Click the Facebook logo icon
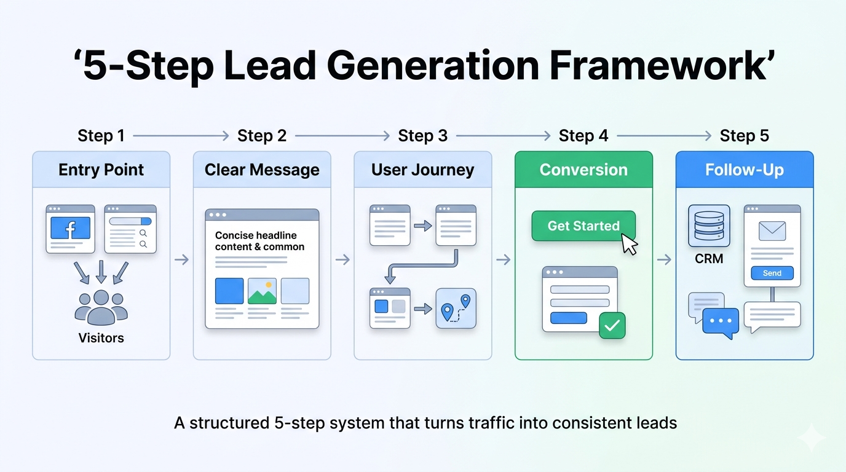(70, 228)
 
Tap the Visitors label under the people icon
(101, 338)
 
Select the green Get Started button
(583, 226)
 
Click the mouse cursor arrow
(630, 243)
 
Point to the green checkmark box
(612, 325)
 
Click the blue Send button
(772, 273)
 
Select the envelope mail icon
(772, 231)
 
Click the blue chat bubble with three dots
(720, 321)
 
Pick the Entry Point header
(101, 170)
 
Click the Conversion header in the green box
(583, 170)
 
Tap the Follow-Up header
(745, 170)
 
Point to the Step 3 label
(422, 136)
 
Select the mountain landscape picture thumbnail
(262, 291)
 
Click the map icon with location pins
(456, 308)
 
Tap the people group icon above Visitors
(101, 307)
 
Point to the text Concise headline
(256, 235)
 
